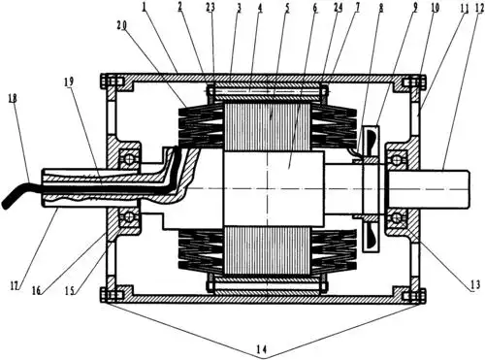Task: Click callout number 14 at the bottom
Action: coord(262,348)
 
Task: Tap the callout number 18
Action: coord(13,98)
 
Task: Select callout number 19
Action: coord(69,82)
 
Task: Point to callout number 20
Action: coord(122,26)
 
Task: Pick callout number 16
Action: coord(37,290)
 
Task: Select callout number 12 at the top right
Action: coord(479,9)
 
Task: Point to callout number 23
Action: coord(210,8)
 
